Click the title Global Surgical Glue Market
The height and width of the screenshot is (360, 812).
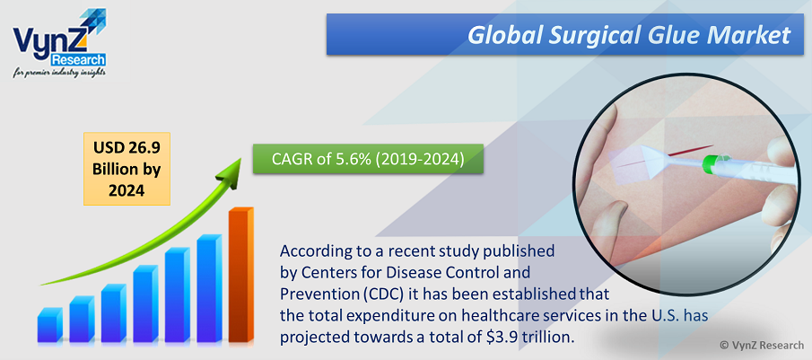(629, 35)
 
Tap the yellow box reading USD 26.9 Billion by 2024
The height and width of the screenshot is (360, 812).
(127, 169)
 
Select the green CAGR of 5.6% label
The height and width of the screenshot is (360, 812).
(368, 160)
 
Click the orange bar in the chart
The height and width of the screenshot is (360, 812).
(240, 275)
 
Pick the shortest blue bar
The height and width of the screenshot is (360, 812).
(49, 325)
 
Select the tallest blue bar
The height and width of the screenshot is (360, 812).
(209, 288)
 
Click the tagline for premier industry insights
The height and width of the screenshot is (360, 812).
(59, 72)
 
